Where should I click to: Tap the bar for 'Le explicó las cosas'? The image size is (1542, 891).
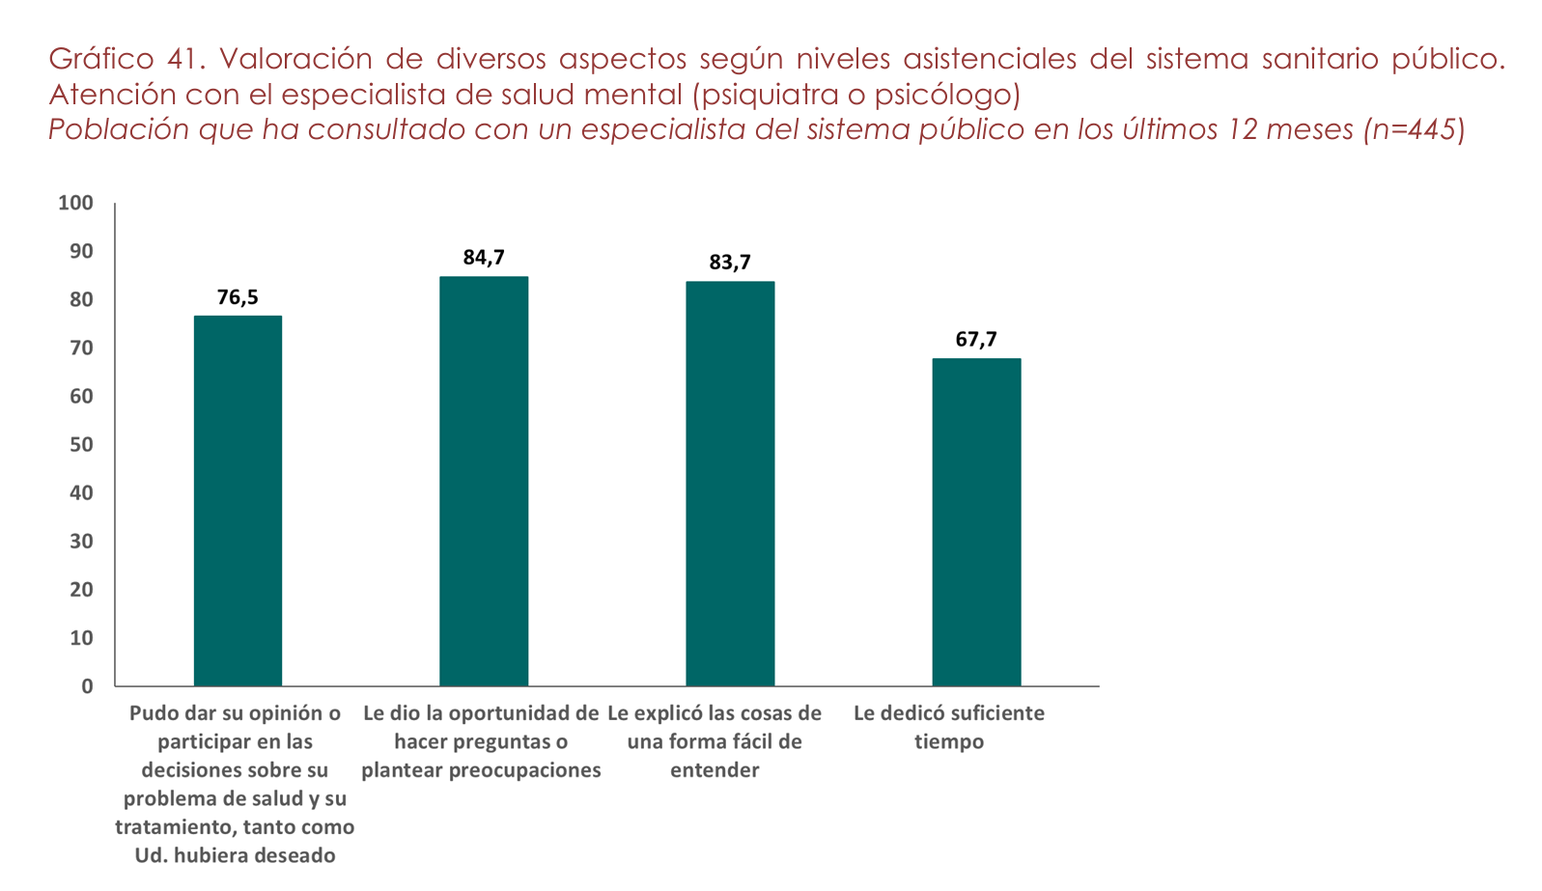click(x=730, y=483)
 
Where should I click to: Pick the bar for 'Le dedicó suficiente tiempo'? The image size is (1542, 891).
click(x=976, y=521)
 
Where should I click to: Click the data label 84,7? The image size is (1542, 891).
click(x=484, y=258)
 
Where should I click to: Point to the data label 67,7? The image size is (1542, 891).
click(x=976, y=340)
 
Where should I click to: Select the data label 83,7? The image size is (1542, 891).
click(x=730, y=263)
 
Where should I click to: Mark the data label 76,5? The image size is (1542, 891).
click(x=238, y=297)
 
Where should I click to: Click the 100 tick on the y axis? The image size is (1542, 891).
click(x=75, y=203)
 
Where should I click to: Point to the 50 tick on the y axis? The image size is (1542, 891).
click(x=81, y=444)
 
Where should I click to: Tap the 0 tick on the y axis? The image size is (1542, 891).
click(x=87, y=686)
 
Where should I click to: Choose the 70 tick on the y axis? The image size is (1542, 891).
click(x=81, y=348)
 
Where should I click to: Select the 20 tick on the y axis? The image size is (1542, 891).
click(x=81, y=589)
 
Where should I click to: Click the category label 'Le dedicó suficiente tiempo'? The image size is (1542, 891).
click(x=949, y=727)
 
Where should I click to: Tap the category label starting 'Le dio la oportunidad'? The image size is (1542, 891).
click(x=481, y=741)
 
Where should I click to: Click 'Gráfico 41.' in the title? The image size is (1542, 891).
click(x=127, y=60)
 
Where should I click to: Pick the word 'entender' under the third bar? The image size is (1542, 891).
click(x=715, y=770)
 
